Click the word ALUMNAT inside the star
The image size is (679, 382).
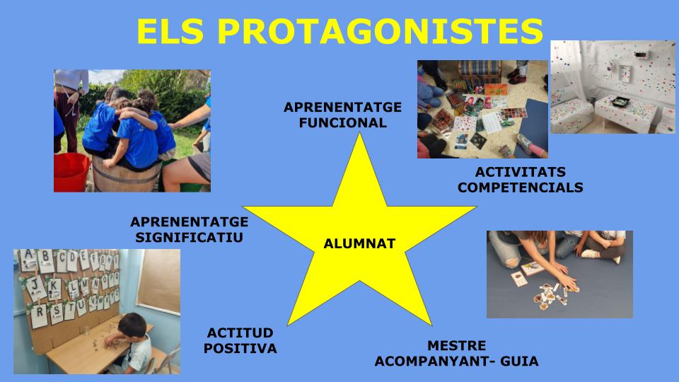(x=359, y=244)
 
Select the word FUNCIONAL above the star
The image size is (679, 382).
(x=342, y=122)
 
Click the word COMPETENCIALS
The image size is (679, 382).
(x=521, y=187)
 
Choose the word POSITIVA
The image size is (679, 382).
(x=240, y=348)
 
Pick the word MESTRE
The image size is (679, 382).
(x=457, y=346)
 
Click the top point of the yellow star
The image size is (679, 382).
(x=360, y=134)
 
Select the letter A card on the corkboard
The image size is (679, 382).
(x=29, y=255)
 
